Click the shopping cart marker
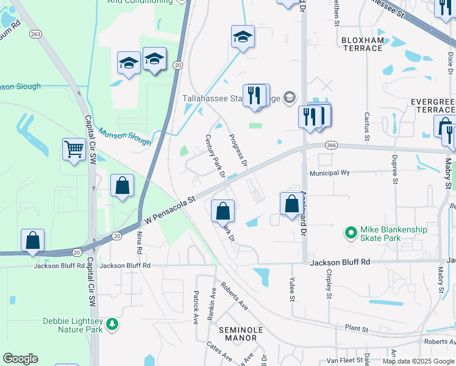pos(74,148)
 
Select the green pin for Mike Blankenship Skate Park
pos(351,232)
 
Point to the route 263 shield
pos(36,34)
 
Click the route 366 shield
pos(331,145)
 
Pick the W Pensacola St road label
pos(168,209)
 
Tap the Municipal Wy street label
pos(329,173)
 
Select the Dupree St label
pos(394,173)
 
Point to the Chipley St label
pos(329,284)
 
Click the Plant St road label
pos(357,329)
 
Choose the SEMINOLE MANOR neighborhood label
pos(240,334)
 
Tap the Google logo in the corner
pos(20,359)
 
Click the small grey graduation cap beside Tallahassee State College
pos(289,98)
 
